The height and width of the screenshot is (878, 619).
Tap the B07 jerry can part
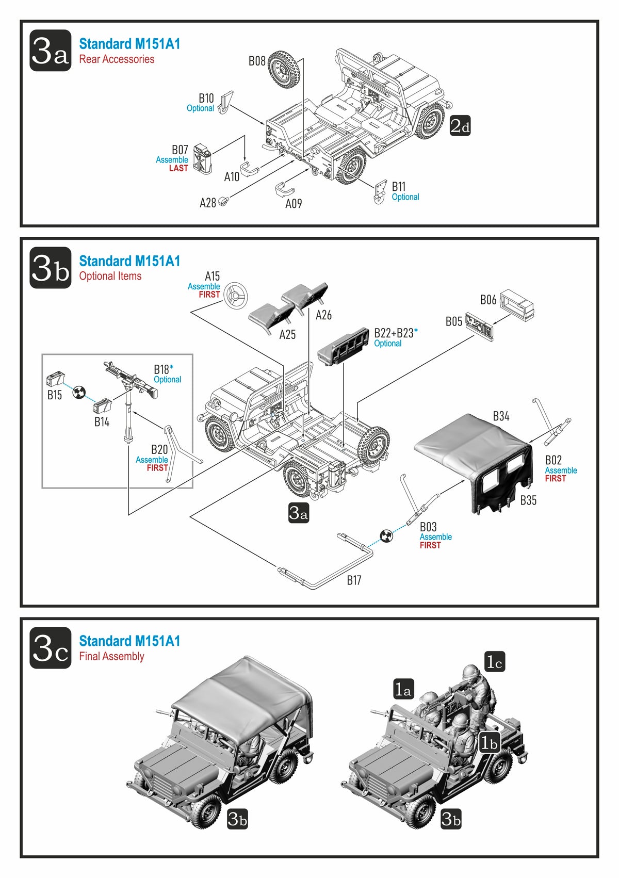tap(202, 159)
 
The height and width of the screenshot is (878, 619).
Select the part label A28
tap(207, 203)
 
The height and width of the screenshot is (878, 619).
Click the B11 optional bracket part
tap(381, 192)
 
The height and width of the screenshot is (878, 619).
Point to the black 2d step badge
tap(460, 126)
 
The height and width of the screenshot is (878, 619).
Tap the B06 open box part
tap(517, 304)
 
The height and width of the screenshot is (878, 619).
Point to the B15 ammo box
tap(54, 380)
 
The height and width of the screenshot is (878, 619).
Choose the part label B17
tap(354, 581)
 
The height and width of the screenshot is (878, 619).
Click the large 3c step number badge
tap(50, 648)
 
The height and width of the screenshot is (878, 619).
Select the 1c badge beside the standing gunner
tap(494, 661)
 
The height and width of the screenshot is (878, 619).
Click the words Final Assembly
tap(111, 657)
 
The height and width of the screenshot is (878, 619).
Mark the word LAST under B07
tap(178, 169)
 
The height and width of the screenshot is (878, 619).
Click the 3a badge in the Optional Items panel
tap(298, 513)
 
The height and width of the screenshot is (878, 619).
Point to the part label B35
tap(528, 500)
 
